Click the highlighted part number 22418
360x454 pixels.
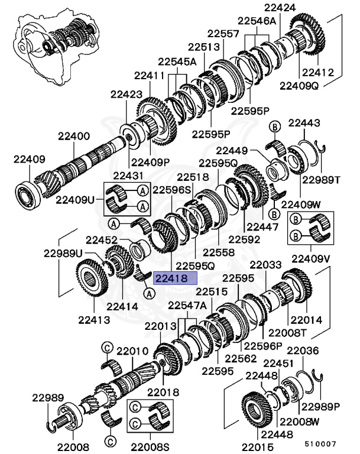pyautogui.click(x=171, y=277)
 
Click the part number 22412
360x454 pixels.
pyautogui.click(x=317, y=73)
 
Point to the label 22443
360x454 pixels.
pyautogui.click(x=304, y=124)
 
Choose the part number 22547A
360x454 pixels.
pyautogui.click(x=187, y=306)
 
